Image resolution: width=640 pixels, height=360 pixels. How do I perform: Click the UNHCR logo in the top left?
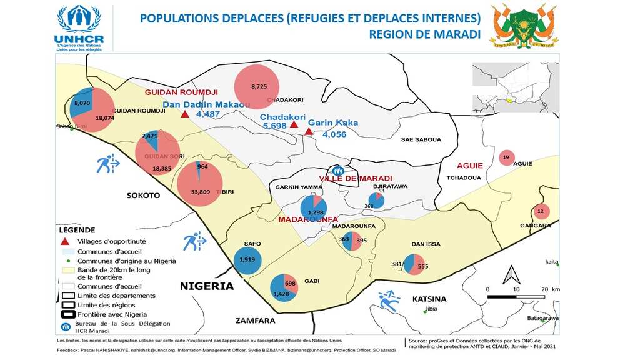[79, 28]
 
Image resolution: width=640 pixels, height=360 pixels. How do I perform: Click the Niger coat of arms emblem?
[523, 26]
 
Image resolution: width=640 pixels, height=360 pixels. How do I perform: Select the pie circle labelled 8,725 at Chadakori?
[259, 86]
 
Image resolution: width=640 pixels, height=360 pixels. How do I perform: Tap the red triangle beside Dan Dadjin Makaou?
[184, 114]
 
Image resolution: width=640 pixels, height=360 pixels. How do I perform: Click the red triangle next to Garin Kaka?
[309, 131]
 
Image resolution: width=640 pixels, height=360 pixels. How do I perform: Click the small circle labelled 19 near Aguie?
[506, 157]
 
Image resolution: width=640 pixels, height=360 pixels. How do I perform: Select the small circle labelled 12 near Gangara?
[541, 211]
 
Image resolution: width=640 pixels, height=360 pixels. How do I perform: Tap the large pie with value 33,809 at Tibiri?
[200, 184]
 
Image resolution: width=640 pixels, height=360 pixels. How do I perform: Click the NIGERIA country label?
[207, 286]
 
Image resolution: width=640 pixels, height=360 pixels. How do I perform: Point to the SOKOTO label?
[144, 196]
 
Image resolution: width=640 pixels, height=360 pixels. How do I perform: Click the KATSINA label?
[429, 299]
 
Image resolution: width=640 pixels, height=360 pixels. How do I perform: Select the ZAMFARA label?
[255, 321]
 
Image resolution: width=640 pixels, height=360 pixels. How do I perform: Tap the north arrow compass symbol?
[512, 275]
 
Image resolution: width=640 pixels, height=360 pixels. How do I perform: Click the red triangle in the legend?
[64, 241]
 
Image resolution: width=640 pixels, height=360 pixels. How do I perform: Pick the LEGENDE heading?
[77, 230]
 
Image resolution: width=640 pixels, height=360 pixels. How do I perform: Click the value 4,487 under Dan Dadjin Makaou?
[208, 114]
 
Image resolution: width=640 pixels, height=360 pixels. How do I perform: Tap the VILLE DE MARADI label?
[356, 179]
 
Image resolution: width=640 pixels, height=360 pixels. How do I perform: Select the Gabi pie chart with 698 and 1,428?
[284, 288]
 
